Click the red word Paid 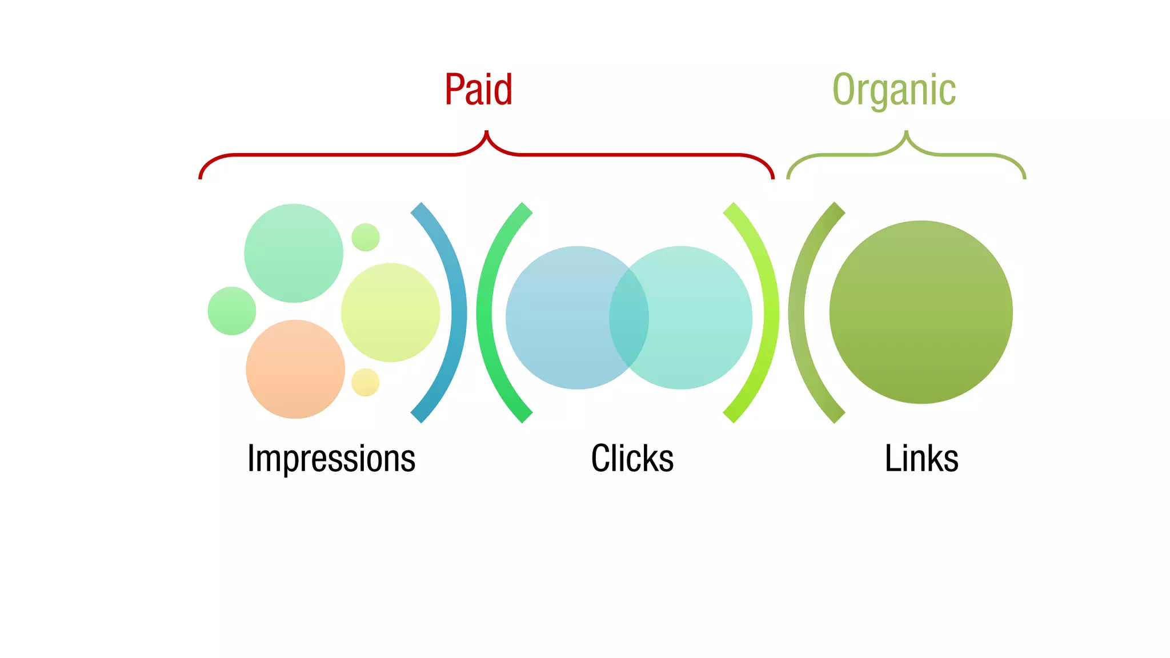tap(479, 90)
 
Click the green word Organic tap(894, 90)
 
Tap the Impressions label tap(331, 458)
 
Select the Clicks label tap(632, 458)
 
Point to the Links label tap(921, 458)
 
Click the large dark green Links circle tap(921, 312)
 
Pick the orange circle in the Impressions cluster tap(295, 369)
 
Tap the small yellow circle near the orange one tap(366, 382)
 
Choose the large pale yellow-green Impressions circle tap(390, 312)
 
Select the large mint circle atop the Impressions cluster tap(294, 253)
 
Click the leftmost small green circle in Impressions tap(232, 311)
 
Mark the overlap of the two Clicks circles tap(629, 318)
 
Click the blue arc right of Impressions tap(457, 312)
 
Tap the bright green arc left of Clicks tap(485, 312)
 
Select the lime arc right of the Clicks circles tap(770, 312)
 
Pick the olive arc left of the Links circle tap(797, 312)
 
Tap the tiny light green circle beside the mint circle tap(366, 237)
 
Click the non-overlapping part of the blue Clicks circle tap(557, 318)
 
